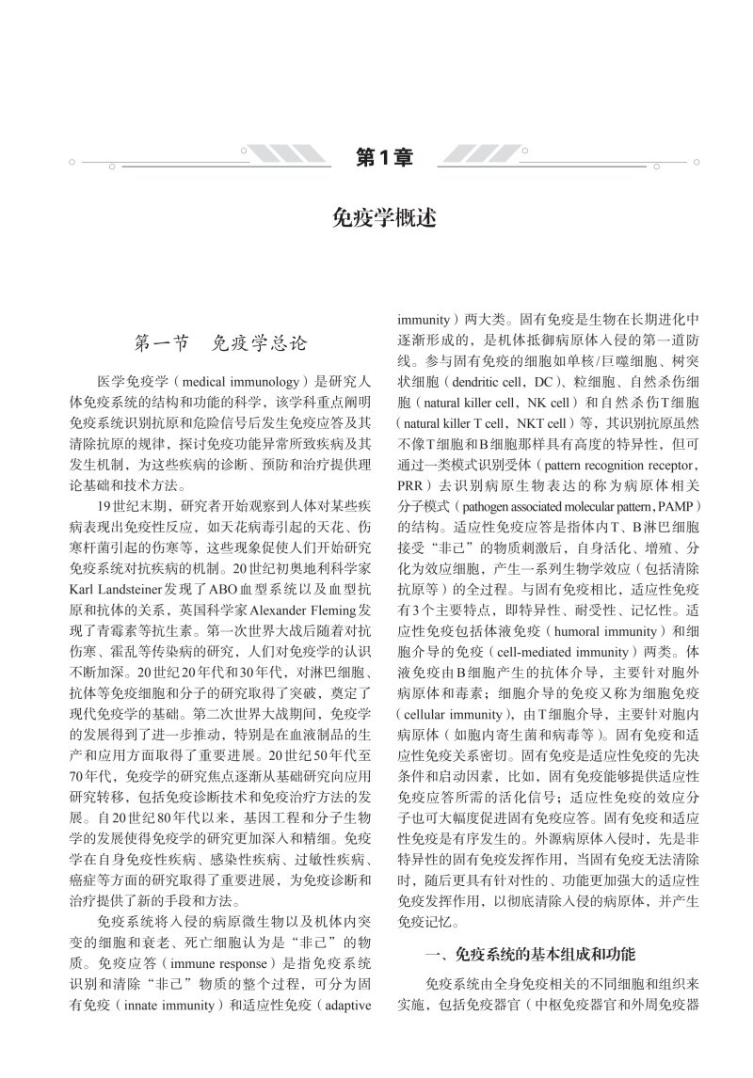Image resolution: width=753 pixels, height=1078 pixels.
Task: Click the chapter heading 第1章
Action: (x=385, y=157)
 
